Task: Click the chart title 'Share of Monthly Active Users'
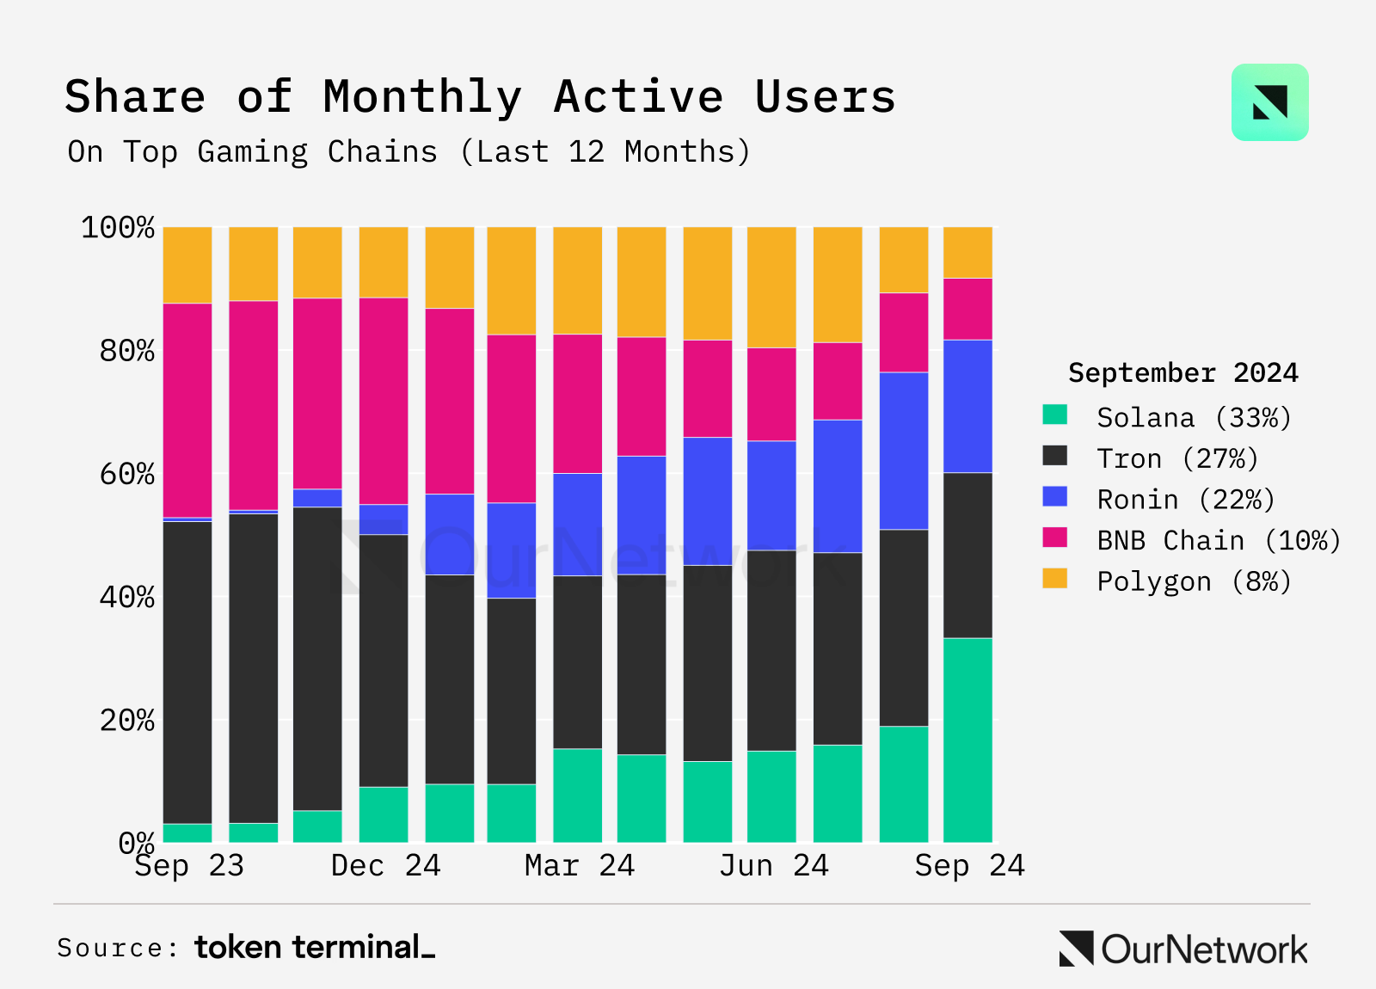(x=480, y=96)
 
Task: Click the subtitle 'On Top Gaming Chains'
(x=253, y=152)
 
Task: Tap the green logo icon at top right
(x=1269, y=102)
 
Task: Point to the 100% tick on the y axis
(x=118, y=228)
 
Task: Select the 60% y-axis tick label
(x=127, y=474)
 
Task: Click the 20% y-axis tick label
(x=127, y=720)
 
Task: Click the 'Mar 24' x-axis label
(x=579, y=865)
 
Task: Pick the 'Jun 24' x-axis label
(x=773, y=865)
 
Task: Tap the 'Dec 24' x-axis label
(x=385, y=865)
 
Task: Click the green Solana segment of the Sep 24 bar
(x=967, y=740)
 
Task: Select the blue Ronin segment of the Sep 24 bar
(x=967, y=406)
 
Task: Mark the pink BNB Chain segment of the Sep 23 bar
(x=187, y=410)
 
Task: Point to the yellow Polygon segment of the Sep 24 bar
(x=967, y=252)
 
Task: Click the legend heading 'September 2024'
(x=1182, y=372)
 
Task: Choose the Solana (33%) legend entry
(x=1194, y=418)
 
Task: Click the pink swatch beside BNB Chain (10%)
(x=1054, y=538)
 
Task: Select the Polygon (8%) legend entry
(x=1194, y=582)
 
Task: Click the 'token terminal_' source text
(x=315, y=948)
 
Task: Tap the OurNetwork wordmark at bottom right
(x=1203, y=949)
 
